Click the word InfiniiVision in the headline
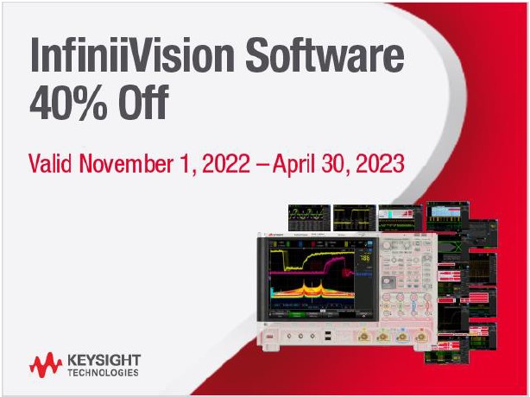132,54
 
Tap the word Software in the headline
325,54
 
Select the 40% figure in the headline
68,103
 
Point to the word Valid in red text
50,163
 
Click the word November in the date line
126,163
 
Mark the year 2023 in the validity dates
381,163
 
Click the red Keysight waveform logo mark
46,365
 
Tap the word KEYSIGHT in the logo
104,360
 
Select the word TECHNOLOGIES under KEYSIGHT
103,373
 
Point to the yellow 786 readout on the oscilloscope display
365,258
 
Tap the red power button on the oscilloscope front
270,337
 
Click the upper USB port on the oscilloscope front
327,333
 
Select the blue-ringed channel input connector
402,337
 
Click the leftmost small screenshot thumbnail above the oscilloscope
309,218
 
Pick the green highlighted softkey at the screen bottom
296,314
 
